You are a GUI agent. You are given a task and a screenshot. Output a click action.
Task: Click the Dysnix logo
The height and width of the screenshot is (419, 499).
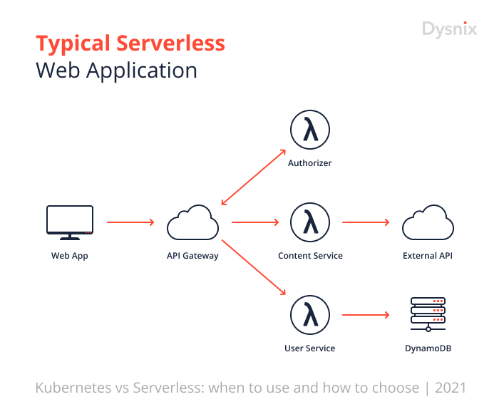coord(449,30)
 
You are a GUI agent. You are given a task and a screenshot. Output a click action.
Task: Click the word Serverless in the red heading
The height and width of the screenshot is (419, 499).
coord(170,43)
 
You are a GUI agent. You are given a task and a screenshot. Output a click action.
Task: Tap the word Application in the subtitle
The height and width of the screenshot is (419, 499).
coord(142,71)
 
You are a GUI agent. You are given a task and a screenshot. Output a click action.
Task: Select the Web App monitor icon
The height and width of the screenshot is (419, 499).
coord(70,222)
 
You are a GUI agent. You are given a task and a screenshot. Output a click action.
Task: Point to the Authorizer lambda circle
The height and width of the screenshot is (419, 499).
coord(310,110)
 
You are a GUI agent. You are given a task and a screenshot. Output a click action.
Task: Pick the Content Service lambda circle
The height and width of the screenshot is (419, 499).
coord(310,203)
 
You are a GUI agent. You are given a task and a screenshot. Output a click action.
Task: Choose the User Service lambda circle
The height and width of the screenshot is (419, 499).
coord(310,296)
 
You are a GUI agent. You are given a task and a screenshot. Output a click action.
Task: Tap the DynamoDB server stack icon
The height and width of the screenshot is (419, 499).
coord(428,314)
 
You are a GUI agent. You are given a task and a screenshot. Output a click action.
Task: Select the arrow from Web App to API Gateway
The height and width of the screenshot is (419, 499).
coord(130,222)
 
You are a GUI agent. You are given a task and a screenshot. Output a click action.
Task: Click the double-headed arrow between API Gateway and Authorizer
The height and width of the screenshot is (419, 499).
coord(253,177)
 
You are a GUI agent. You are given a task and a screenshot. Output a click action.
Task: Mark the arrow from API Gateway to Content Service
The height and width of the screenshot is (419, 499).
coord(255,222)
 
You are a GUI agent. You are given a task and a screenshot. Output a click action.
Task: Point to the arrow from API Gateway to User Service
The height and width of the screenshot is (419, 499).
coord(254,267)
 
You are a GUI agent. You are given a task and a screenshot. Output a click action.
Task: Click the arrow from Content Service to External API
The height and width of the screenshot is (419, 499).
coord(366,222)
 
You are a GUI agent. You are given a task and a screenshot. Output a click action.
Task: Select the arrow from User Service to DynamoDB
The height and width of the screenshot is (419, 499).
coord(366,315)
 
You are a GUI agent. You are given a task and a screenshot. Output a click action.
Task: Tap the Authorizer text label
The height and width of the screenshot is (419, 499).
coord(309,163)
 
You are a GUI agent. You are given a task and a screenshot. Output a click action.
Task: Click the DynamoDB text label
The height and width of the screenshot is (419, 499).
coord(428,348)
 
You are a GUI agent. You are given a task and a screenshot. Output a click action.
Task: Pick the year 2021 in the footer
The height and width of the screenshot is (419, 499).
coord(451,388)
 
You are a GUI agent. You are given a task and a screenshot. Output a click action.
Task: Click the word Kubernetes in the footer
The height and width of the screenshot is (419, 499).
coord(73,388)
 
